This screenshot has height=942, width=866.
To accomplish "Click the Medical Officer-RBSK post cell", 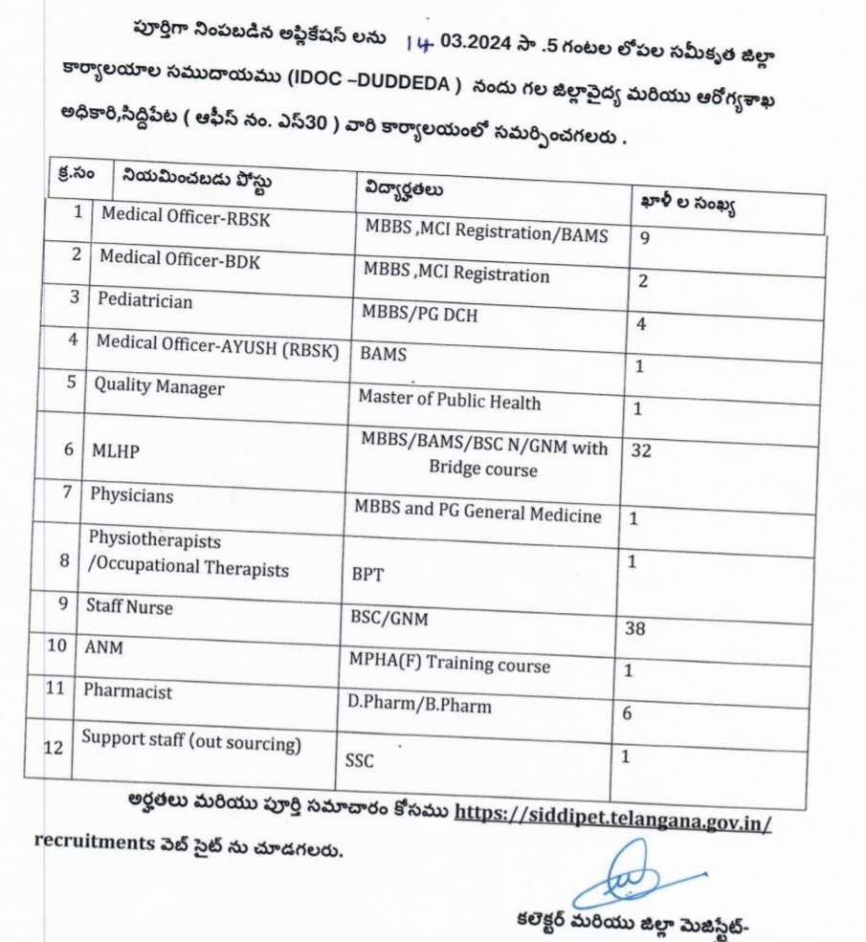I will click(186, 217).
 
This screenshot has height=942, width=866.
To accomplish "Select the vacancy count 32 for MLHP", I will click(641, 449).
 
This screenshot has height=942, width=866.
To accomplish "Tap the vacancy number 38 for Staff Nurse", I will click(633, 629).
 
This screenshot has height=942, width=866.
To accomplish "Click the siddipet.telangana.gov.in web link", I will click(612, 812).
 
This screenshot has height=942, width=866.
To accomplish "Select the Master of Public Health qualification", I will click(449, 401).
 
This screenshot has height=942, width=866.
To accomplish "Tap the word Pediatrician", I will click(144, 300).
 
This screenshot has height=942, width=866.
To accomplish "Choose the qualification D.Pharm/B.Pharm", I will click(420, 706).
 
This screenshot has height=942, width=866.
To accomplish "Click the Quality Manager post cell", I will click(158, 387).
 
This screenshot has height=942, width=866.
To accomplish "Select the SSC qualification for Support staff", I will click(360, 762).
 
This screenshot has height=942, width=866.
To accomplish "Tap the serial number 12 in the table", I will click(55, 746).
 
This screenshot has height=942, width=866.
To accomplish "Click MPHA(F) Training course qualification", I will click(449, 664).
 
